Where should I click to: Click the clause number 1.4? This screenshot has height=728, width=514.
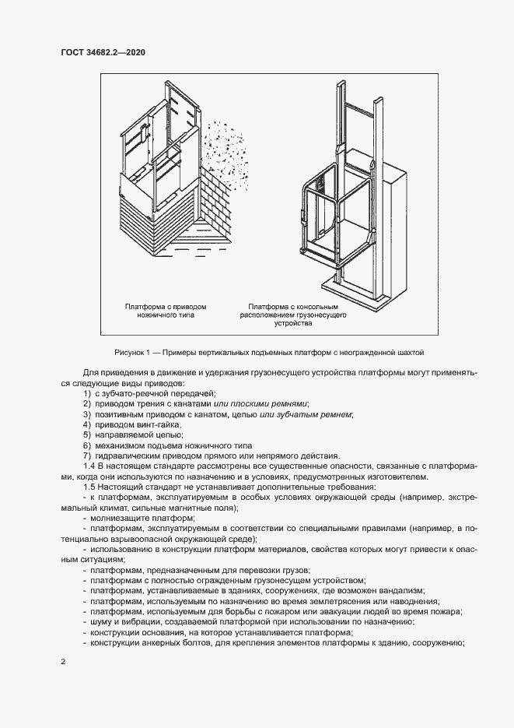88,465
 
